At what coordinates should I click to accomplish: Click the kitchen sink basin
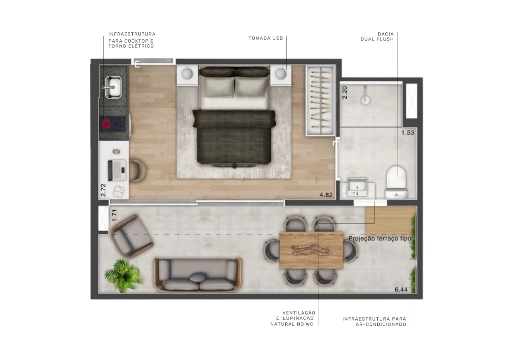coord(113,87)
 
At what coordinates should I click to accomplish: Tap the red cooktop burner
coord(106,124)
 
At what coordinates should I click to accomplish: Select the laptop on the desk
coord(117,170)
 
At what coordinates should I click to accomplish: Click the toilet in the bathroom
coord(396,182)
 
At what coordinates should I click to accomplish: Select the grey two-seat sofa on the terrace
coord(198,275)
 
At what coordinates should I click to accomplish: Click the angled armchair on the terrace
coord(132,236)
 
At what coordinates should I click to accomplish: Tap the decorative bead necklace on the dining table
coord(311,250)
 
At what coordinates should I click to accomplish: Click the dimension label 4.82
coord(326,195)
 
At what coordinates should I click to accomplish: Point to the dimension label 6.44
coord(401,290)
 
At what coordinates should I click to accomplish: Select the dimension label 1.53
coord(408,133)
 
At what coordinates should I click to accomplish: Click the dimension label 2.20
coord(345,92)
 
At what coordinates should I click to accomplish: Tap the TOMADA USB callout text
coord(266,38)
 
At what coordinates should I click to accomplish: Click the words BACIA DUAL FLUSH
coord(377,37)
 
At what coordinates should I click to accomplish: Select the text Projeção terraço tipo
coord(380,239)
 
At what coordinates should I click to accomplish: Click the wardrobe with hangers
coord(321,101)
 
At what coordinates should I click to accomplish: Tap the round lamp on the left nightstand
coord(187,74)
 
